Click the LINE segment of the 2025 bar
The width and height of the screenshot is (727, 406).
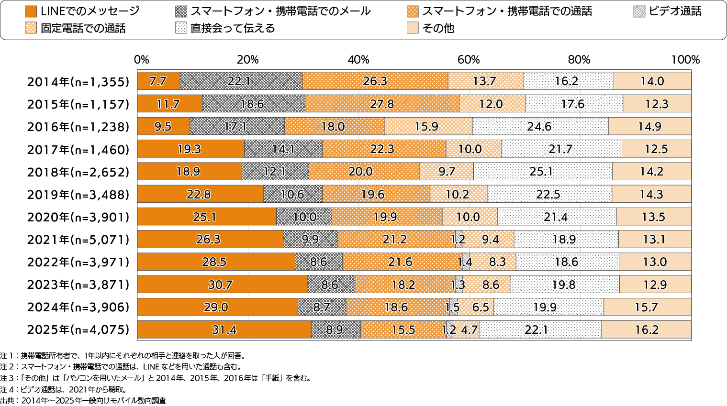point(224,330)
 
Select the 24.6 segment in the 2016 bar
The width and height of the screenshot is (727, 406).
point(540,127)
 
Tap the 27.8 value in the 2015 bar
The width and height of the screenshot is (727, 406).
point(382,104)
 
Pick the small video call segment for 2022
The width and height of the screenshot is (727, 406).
point(466,262)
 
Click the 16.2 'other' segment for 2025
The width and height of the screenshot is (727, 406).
point(646,330)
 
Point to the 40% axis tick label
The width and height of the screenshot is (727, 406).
point(358,60)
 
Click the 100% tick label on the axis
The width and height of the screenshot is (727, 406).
point(685,60)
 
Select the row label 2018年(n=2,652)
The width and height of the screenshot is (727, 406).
point(78,172)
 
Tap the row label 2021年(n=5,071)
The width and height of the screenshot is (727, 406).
point(78,240)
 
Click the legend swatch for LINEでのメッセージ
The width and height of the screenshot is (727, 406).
point(31,11)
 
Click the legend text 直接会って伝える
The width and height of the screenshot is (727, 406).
point(233,28)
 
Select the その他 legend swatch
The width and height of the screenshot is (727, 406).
point(413,28)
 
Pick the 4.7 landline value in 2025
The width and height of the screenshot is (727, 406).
point(469,330)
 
